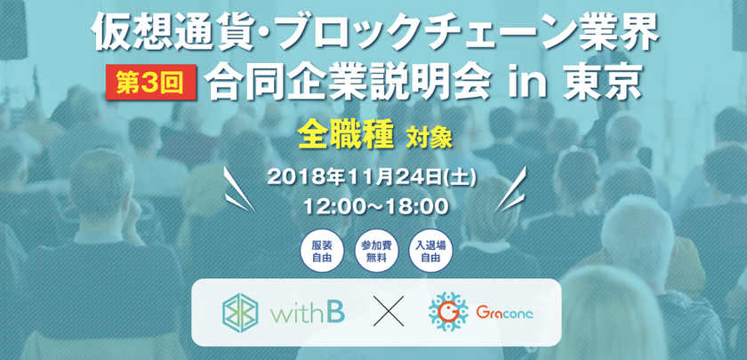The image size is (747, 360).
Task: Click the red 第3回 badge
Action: pyautogui.click(x=151, y=82)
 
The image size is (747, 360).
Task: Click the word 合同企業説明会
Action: pyautogui.click(x=348, y=82)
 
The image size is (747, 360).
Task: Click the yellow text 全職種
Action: pyautogui.click(x=346, y=135)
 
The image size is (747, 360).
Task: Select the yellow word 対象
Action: pyautogui.click(x=429, y=138)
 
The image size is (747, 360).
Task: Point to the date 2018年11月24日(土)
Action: pyautogui.click(x=372, y=177)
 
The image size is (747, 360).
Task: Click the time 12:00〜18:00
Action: pyautogui.click(x=372, y=206)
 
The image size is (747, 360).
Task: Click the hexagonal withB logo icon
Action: pyautogui.click(x=241, y=312)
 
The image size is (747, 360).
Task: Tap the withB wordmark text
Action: pyautogui.click(x=308, y=312)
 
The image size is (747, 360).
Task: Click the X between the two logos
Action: pyautogui.click(x=388, y=311)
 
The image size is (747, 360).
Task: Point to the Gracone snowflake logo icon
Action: pyautogui.click(x=447, y=312)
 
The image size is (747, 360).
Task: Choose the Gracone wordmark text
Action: pyautogui.click(x=504, y=312)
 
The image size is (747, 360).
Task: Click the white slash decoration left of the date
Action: pyautogui.click(x=238, y=189)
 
